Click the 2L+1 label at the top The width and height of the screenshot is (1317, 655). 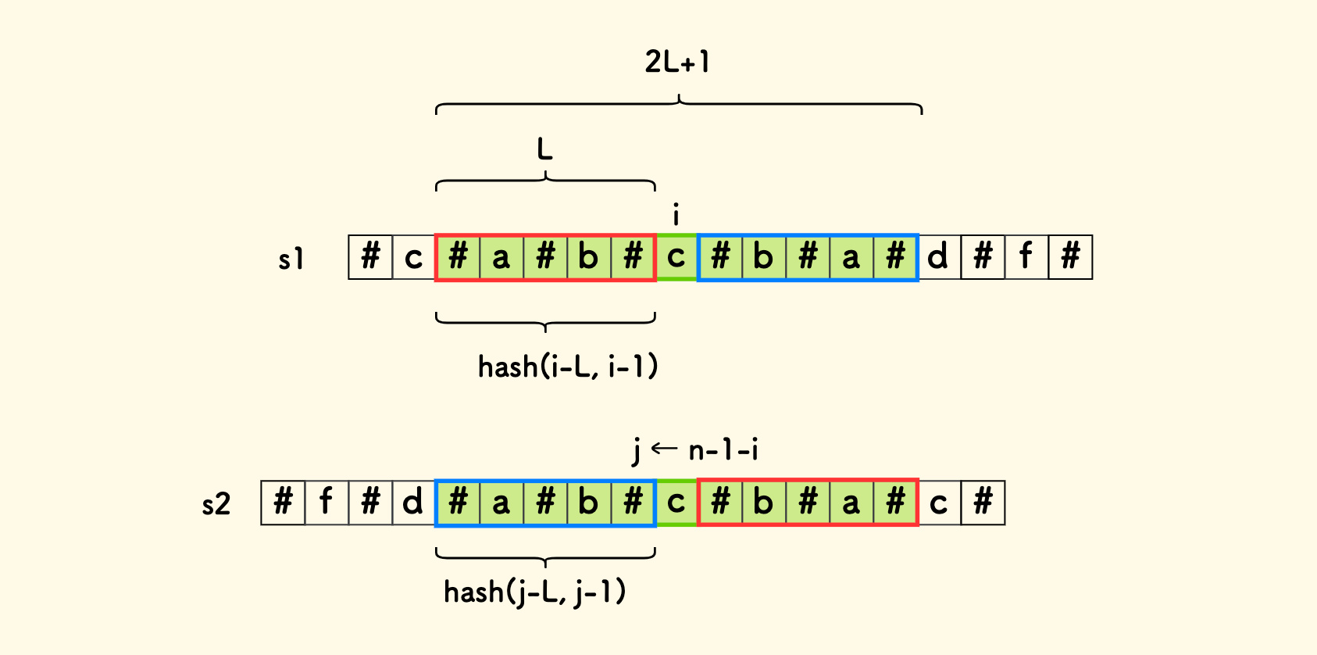pos(677,62)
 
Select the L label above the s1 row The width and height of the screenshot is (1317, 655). pos(544,148)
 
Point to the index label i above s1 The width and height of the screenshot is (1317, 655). pos(676,214)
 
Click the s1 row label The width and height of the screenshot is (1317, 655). pos(291,259)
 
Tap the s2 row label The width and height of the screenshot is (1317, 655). pos(216,504)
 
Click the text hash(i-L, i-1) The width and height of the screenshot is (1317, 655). pos(568,366)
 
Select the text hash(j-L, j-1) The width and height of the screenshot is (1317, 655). pos(535,592)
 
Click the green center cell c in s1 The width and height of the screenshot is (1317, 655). pos(676,257)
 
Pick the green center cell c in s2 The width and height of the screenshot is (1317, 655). pos(676,503)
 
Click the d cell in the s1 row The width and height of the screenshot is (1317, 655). pos(939,257)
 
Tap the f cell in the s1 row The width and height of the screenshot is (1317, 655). pos(1026,257)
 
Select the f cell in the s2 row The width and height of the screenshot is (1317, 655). pos(327,503)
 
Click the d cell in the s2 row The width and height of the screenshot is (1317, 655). pos(413,503)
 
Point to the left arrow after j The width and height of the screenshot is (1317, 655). pos(664,449)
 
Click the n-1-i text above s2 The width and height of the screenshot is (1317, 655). pos(723,450)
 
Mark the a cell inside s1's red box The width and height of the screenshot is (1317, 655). pos(501,257)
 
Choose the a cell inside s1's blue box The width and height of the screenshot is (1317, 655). pos(851,257)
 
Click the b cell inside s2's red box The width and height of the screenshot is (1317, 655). pos(764,503)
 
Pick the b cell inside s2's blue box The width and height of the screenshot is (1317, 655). pos(589,503)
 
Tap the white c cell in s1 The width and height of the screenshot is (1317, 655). pos(413,257)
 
